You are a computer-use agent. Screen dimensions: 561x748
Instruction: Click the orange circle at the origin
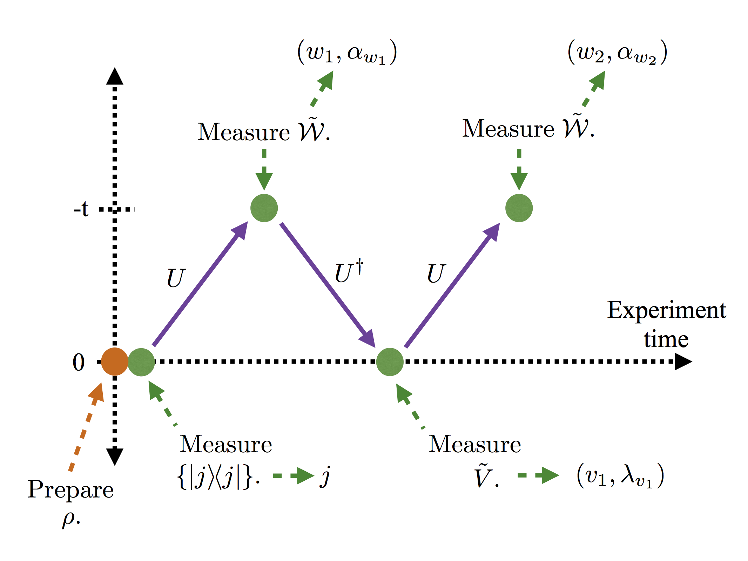pos(114,361)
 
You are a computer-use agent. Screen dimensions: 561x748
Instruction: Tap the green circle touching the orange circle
pos(141,362)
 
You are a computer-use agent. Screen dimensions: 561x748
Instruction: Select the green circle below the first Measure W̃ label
pos(264,208)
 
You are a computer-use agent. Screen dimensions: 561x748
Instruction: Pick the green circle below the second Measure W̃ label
pos(519,208)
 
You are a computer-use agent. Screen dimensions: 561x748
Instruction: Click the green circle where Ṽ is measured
pos(390,362)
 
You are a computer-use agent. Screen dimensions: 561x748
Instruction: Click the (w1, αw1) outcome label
pos(347,53)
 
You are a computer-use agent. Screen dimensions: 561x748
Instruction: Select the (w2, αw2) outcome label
pos(617,53)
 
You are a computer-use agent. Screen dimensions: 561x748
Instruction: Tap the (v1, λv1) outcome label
pos(620,476)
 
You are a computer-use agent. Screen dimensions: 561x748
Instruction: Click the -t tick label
pos(81,209)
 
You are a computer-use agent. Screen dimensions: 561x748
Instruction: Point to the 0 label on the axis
pos(79,362)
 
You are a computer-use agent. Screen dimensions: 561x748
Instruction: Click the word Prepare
pos(70,490)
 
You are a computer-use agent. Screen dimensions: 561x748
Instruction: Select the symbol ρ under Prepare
pos(69,518)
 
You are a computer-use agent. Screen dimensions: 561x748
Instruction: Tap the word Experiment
pos(666,311)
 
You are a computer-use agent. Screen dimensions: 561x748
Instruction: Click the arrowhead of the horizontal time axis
pos(683,361)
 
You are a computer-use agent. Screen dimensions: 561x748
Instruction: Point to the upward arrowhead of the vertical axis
pos(115,76)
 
